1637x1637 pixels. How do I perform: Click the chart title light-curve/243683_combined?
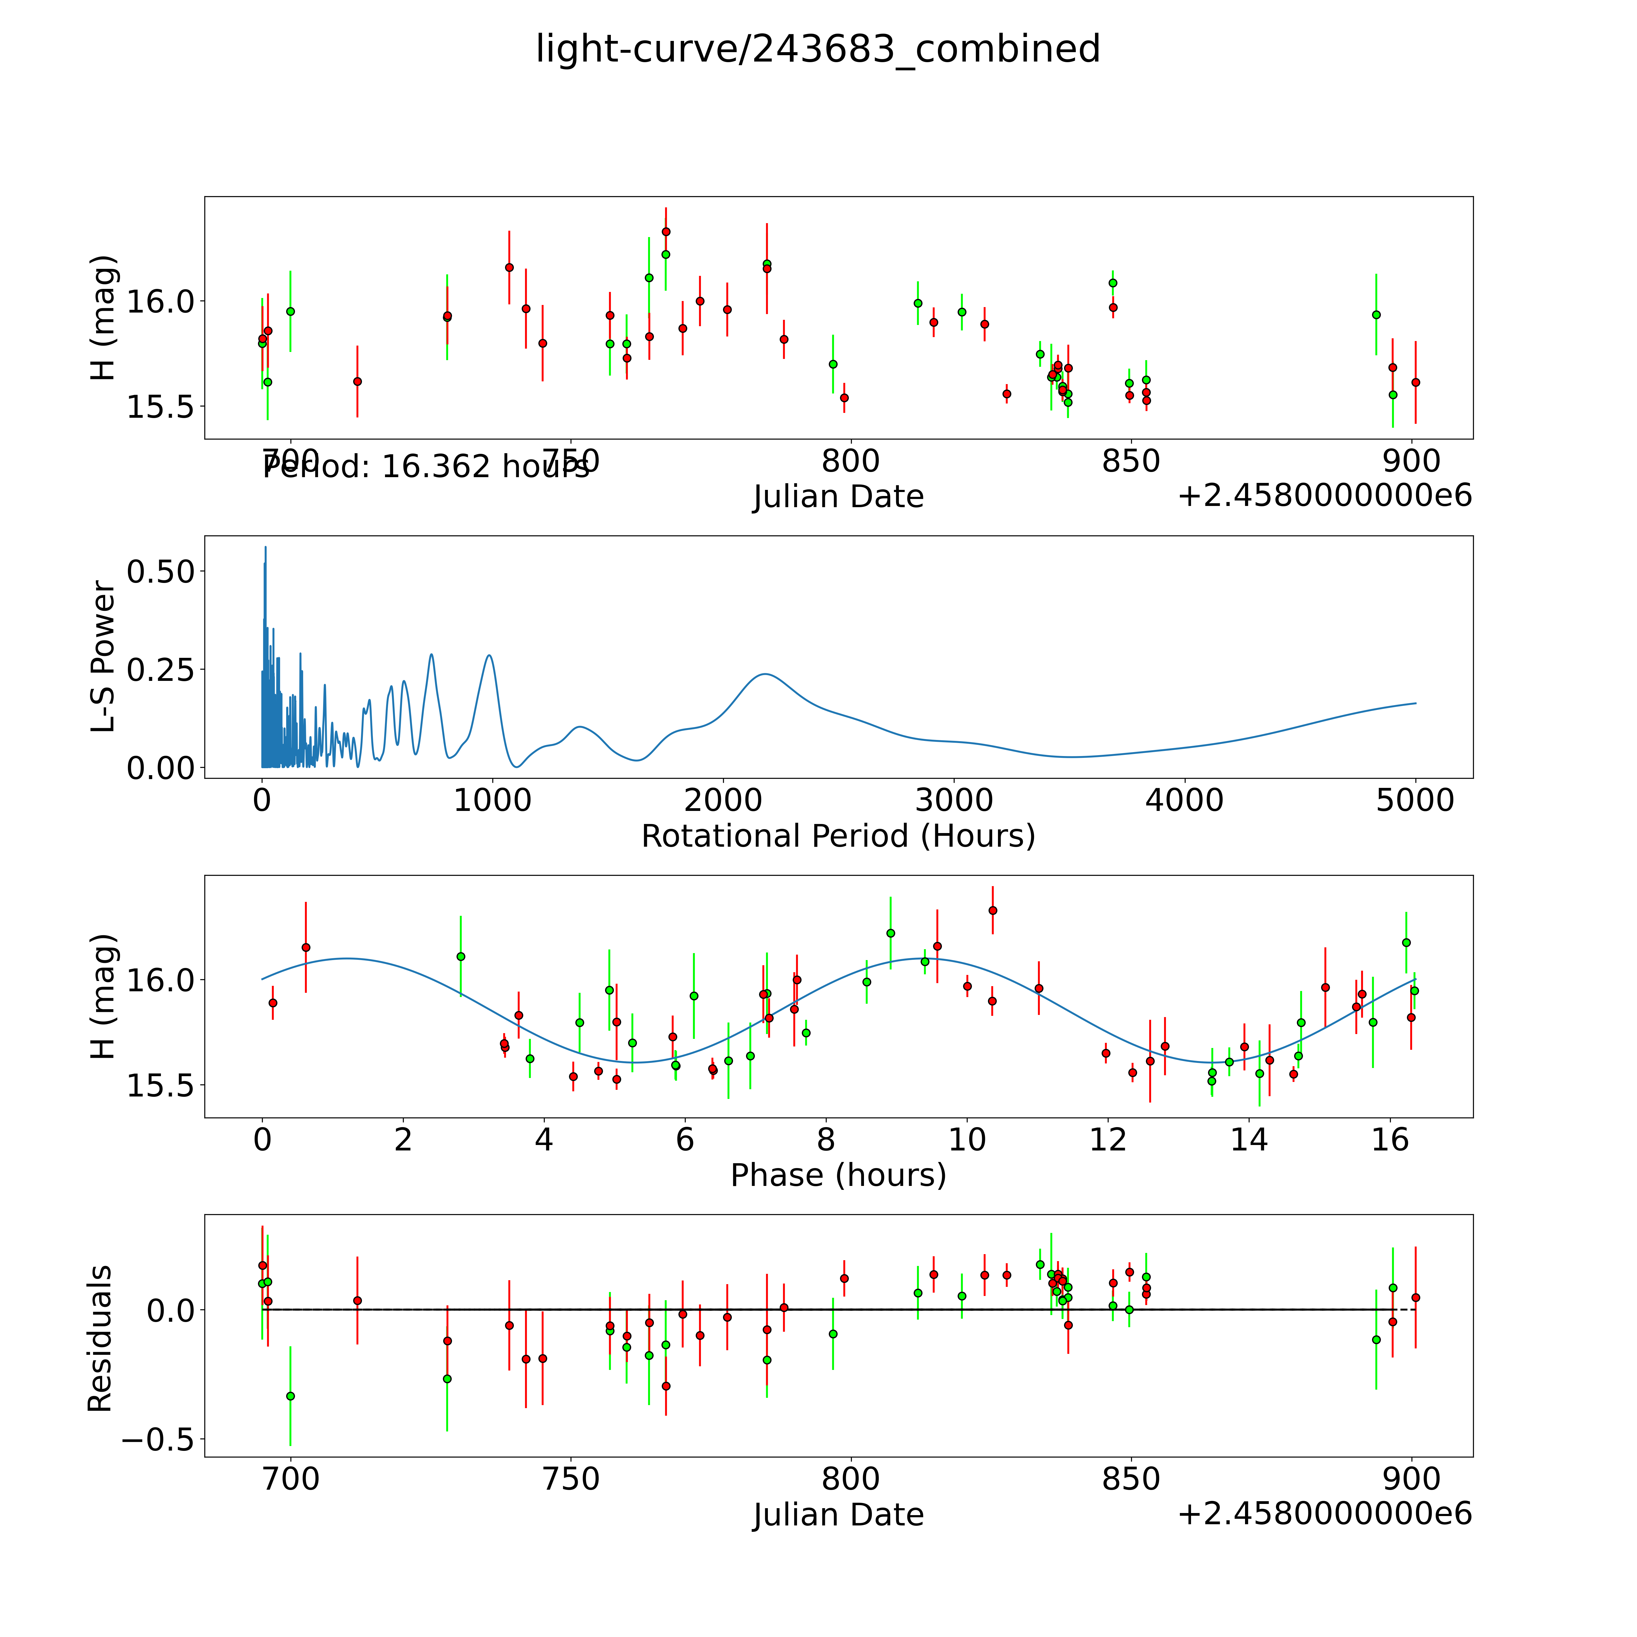point(818,49)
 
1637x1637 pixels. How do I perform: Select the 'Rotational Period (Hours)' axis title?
point(838,836)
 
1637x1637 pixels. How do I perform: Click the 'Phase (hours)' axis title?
point(838,1175)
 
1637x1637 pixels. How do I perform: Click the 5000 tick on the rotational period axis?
point(1415,801)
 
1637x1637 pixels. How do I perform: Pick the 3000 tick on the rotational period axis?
point(954,801)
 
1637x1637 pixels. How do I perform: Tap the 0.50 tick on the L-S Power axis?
point(161,571)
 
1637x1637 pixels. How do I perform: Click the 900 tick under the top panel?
point(1411,462)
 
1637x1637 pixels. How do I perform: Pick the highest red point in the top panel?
point(666,231)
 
